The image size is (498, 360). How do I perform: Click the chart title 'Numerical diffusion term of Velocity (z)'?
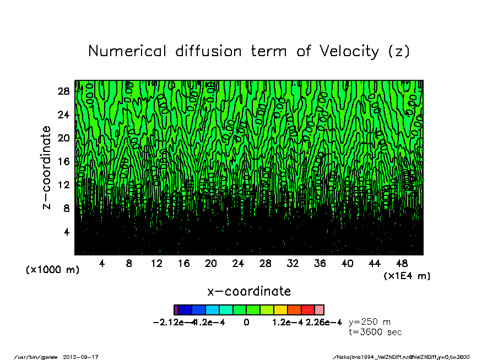click(249, 51)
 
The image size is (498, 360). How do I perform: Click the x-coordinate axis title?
click(249, 291)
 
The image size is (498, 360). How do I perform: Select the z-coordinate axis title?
click(47, 167)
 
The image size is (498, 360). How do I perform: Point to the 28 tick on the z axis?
click(64, 91)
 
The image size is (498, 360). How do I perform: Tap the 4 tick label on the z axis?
click(67, 232)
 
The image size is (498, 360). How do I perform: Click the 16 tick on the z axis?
click(64, 162)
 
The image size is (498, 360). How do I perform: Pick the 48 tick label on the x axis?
click(402, 264)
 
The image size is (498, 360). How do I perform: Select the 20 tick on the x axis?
click(211, 264)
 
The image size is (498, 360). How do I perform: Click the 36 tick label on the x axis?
click(320, 264)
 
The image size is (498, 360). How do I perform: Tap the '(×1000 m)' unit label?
click(53, 270)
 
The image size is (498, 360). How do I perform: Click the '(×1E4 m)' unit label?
click(407, 275)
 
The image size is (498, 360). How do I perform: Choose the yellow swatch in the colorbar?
click(280, 310)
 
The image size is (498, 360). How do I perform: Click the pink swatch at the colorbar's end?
click(319, 310)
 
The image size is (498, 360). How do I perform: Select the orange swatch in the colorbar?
click(294, 310)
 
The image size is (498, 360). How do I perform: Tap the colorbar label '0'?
click(246, 322)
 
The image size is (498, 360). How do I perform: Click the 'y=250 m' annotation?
click(370, 322)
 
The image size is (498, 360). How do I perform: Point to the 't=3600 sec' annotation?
click(375, 332)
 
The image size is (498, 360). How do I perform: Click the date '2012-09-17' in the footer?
click(85, 357)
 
